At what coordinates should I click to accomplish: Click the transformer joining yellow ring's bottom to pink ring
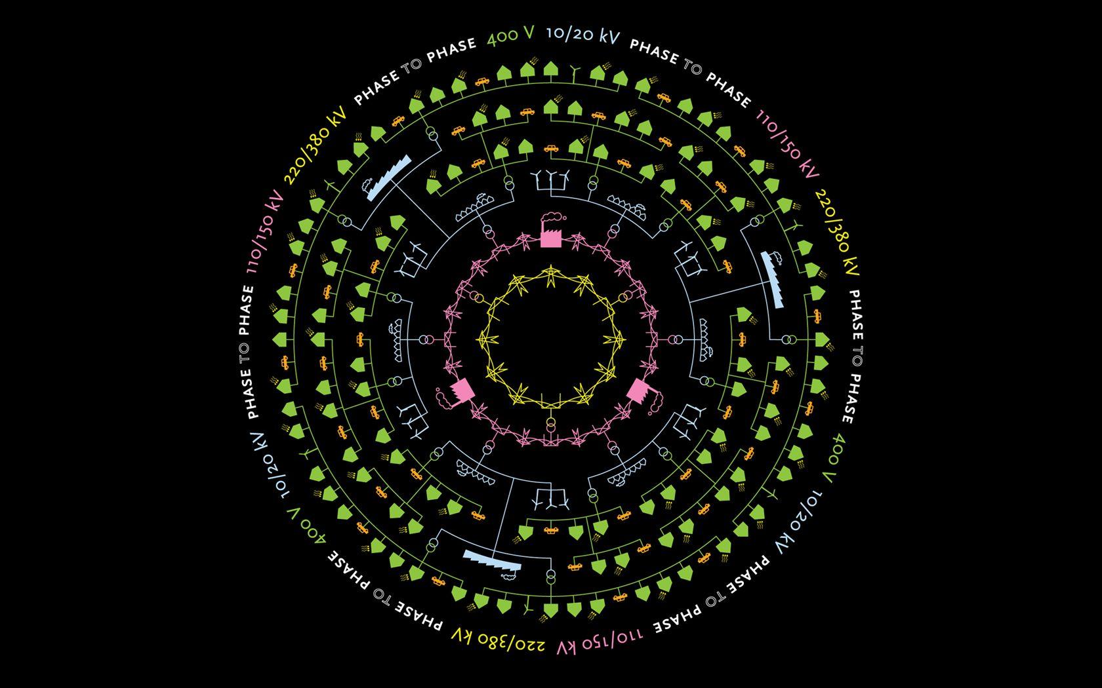click(x=551, y=423)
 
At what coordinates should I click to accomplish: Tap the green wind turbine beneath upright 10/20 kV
click(x=574, y=72)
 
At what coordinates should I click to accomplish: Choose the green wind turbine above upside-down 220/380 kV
click(x=528, y=608)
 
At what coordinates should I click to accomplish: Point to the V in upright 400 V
click(x=527, y=33)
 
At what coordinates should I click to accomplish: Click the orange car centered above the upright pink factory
click(x=551, y=148)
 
